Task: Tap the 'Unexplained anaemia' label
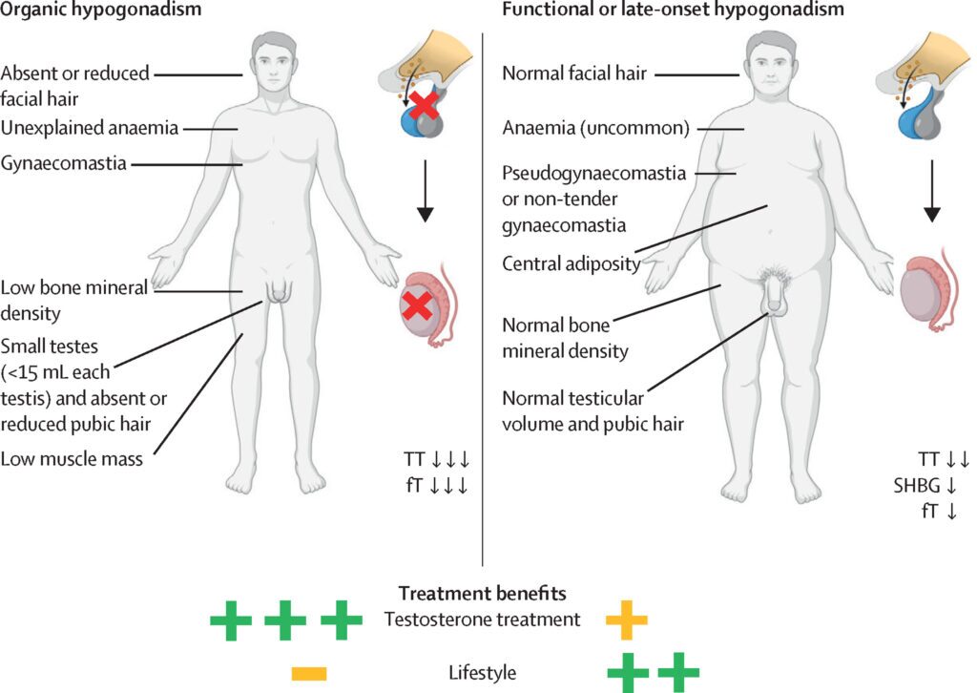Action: coord(90,127)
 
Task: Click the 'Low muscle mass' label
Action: coord(72,459)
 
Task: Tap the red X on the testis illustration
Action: coord(416,304)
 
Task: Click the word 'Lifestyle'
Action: coord(482,673)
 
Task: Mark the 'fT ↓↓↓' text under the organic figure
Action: coord(436,485)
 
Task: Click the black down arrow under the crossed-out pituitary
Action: coord(426,200)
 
